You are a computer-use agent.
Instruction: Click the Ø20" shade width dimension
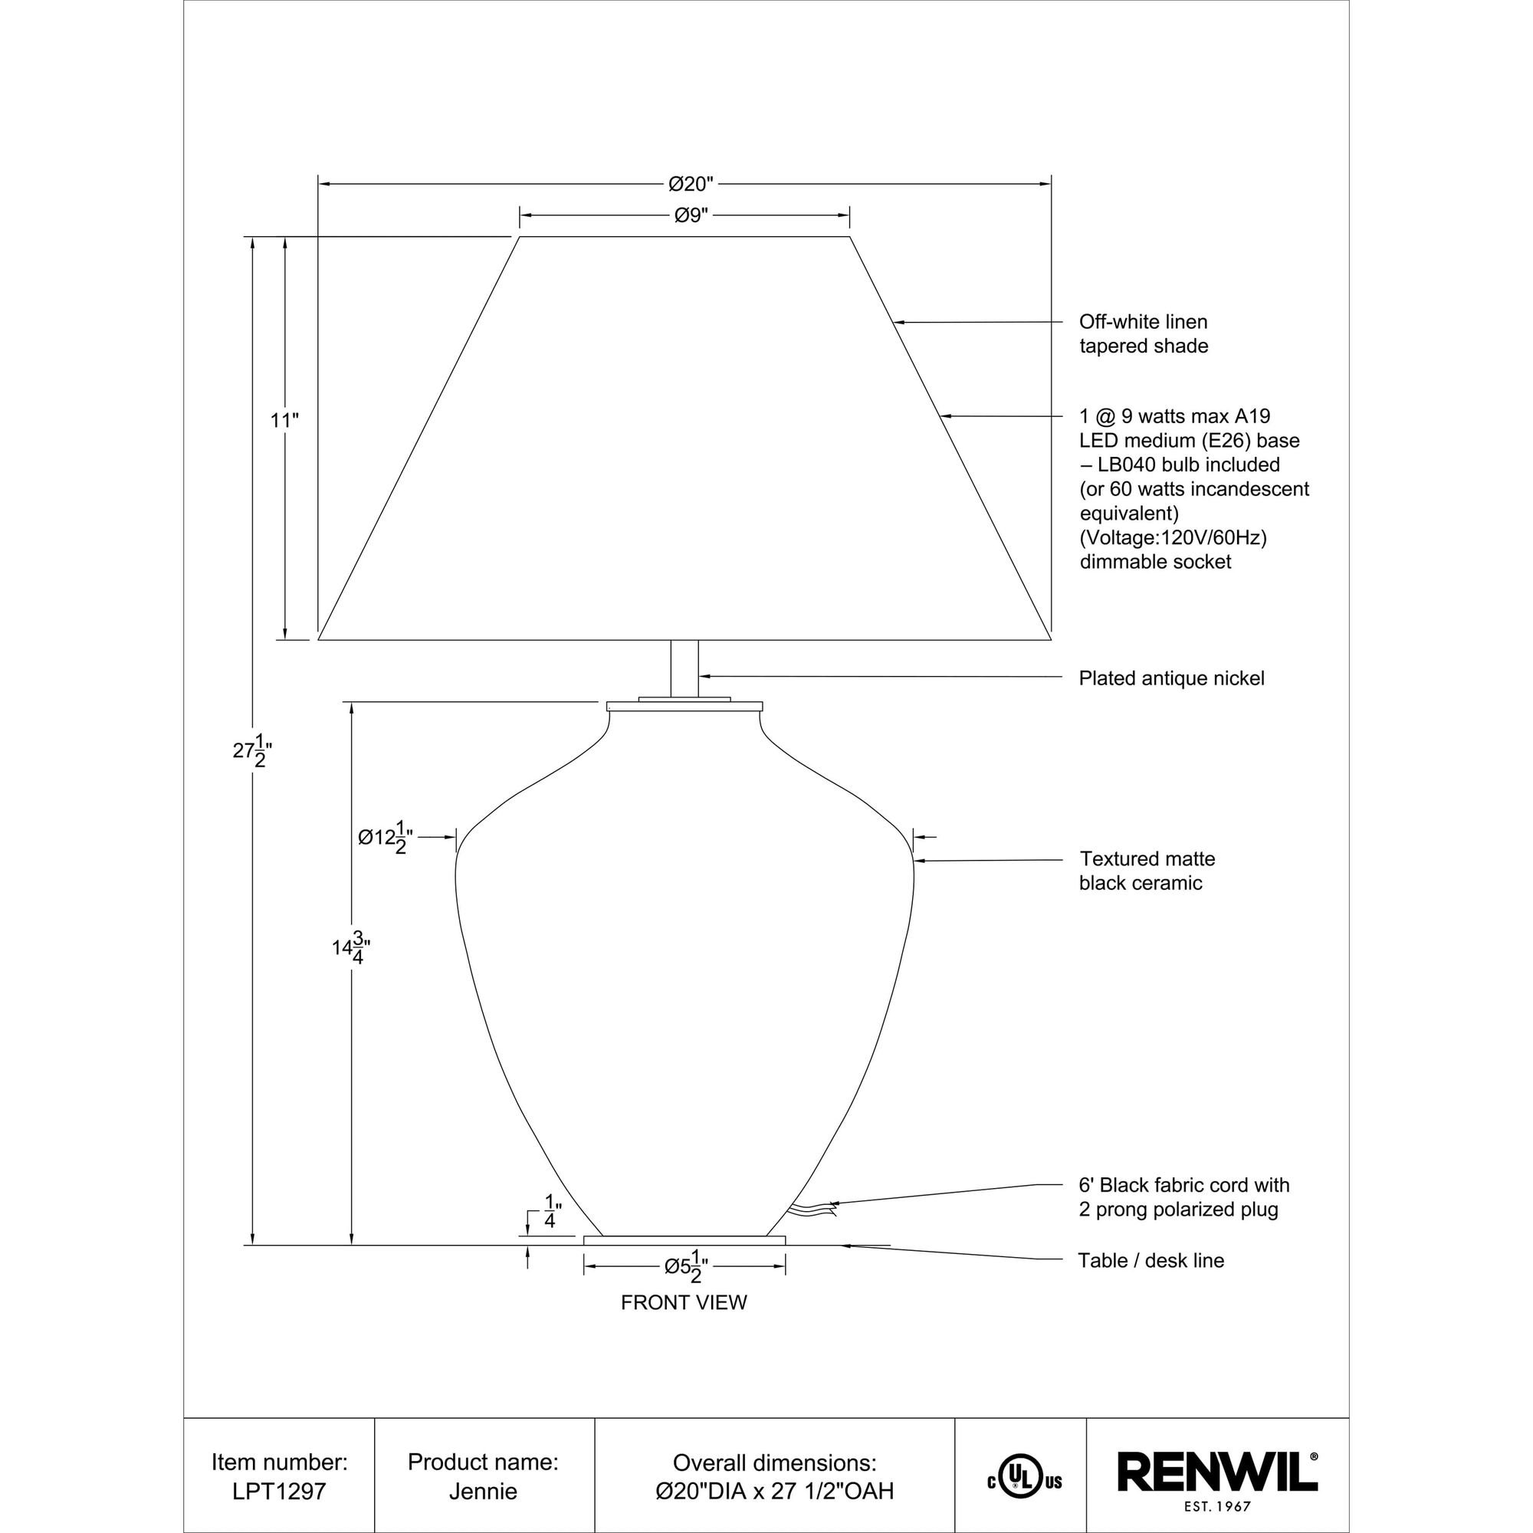(x=691, y=184)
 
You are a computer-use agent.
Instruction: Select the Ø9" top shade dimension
(x=691, y=215)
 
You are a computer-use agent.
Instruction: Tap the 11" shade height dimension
(x=284, y=420)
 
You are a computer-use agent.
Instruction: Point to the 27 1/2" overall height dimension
(x=253, y=750)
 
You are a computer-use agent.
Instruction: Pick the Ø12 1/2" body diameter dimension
(x=385, y=839)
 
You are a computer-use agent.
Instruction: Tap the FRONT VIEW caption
(x=684, y=1303)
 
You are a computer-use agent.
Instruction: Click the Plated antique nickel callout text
(x=1171, y=678)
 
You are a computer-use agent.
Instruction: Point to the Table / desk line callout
(x=1151, y=1260)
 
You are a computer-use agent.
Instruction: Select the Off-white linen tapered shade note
(x=1144, y=334)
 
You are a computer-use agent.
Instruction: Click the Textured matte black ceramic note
(x=1147, y=871)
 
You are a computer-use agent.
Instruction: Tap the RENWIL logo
(x=1217, y=1472)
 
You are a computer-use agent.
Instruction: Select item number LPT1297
(x=279, y=1491)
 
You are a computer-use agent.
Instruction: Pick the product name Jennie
(x=482, y=1491)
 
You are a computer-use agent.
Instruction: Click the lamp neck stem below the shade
(x=684, y=669)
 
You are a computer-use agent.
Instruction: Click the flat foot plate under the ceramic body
(x=684, y=1240)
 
